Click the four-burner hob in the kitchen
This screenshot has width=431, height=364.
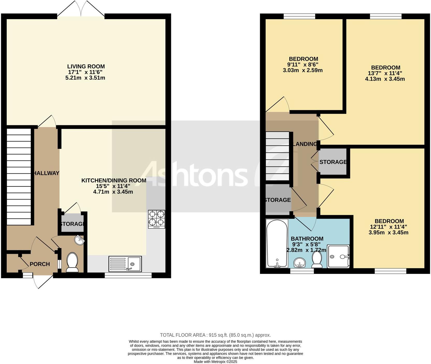(x=156, y=219)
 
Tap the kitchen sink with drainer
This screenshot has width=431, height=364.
(x=125, y=264)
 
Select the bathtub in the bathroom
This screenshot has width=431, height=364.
(x=277, y=244)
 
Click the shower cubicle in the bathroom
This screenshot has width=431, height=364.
(x=338, y=256)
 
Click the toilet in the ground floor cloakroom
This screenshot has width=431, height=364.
(x=72, y=263)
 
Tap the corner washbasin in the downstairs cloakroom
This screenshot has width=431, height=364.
(x=79, y=240)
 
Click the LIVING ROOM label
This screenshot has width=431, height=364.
(x=86, y=67)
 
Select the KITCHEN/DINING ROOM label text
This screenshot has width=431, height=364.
(x=114, y=180)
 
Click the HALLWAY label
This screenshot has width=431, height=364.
(x=46, y=173)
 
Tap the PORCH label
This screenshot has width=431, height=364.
(x=40, y=264)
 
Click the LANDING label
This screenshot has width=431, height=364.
(x=305, y=144)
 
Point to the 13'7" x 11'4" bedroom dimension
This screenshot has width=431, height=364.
(x=385, y=73)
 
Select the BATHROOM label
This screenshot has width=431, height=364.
(x=307, y=239)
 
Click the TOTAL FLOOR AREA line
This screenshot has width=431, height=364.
(x=215, y=335)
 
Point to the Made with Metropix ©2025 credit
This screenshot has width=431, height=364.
(x=215, y=362)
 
